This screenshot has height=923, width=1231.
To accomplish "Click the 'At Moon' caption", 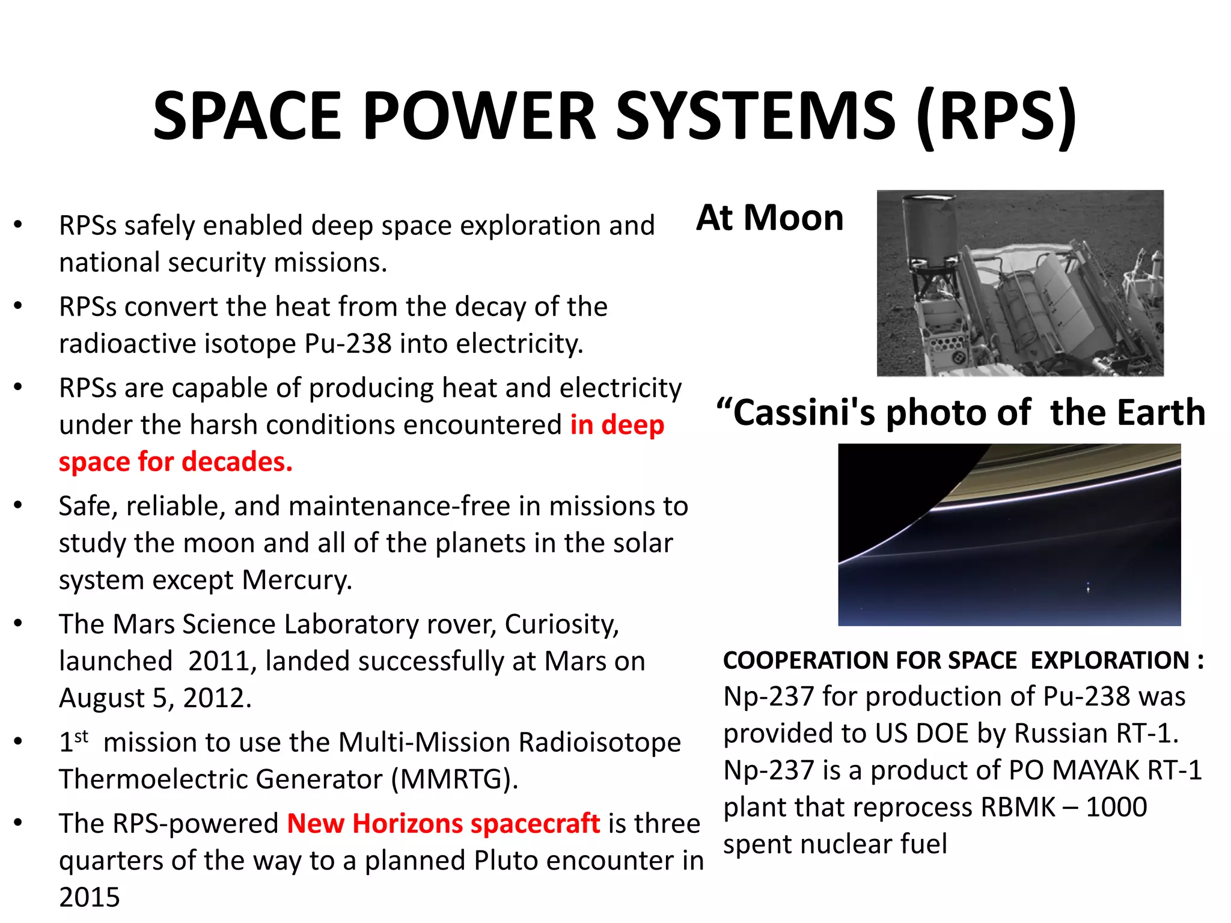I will coord(770,218).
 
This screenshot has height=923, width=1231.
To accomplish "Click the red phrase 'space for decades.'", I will coord(176,461).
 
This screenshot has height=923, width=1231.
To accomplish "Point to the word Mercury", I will coord(296,580).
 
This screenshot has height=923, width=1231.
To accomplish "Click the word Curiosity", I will coord(561,624).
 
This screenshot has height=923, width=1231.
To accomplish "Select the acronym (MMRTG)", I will coord(454,779).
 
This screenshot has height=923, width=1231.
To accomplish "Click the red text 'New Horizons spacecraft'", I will coord(443,824).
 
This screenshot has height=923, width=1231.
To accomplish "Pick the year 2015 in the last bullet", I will coord(90,897).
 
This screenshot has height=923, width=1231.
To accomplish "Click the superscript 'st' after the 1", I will coord(82,736).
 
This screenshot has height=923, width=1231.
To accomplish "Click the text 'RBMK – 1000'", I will coord(1063,807).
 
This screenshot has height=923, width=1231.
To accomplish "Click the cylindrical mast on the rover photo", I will coord(929,228).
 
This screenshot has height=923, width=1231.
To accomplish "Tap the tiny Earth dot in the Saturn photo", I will coord(1088,588).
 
